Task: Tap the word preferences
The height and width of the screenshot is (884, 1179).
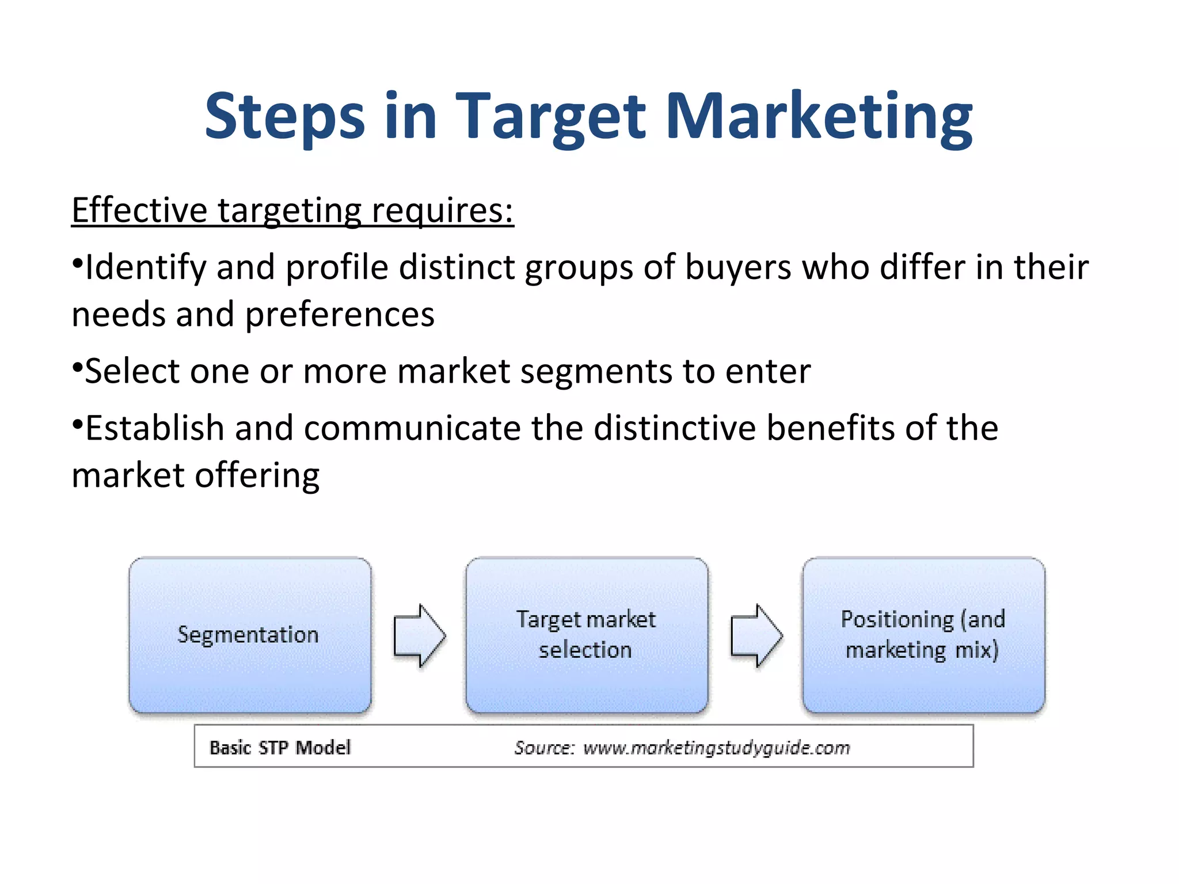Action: coord(340,315)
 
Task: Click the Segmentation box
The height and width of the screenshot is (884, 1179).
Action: coord(250,635)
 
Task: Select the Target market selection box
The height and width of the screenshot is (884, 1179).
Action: coord(586,635)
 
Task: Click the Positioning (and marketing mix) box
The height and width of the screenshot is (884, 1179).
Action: coord(923,635)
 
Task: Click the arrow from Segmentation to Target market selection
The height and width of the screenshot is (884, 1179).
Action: coord(419,635)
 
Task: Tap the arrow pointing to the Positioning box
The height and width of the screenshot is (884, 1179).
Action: coord(756,635)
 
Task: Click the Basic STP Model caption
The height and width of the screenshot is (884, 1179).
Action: coord(280,748)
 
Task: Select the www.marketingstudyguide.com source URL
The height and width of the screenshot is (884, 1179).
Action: coord(716,748)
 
